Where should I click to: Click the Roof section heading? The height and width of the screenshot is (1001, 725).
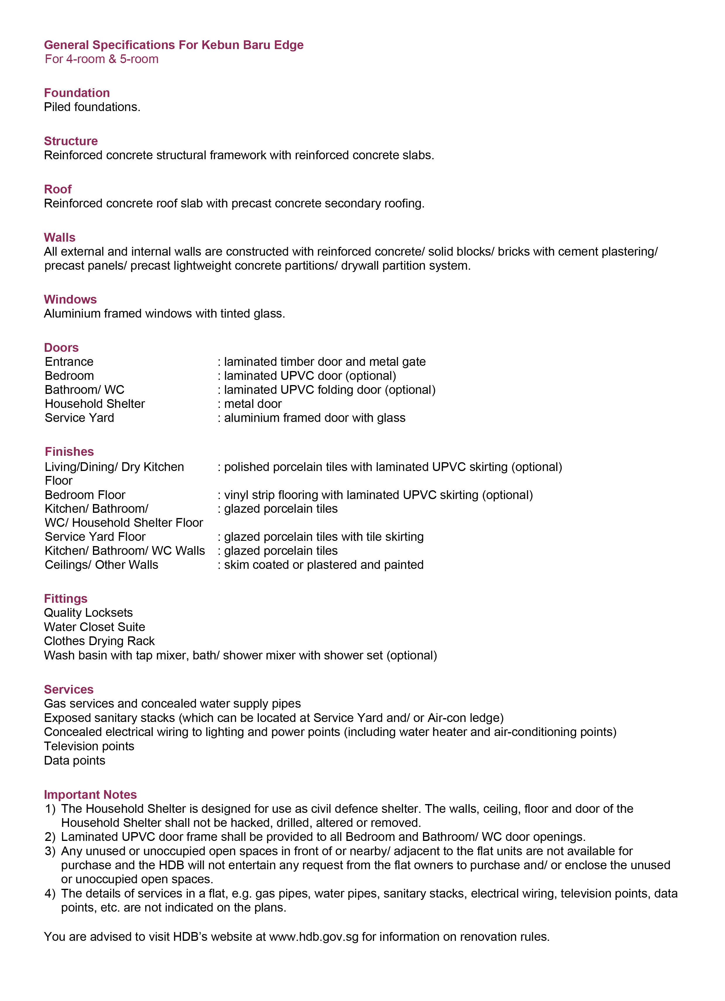[x=58, y=189]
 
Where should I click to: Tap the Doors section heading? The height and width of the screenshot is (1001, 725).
[x=61, y=347]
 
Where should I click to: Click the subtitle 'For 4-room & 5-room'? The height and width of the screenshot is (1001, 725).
[x=101, y=59]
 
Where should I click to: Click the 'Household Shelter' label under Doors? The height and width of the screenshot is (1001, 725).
[x=95, y=404]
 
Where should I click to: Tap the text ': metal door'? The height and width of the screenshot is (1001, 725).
[x=250, y=404]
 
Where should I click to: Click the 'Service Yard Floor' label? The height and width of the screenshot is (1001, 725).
[x=95, y=537]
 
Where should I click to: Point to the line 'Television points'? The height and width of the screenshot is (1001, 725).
[x=89, y=746]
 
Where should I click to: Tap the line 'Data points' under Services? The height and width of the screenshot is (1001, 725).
[x=75, y=761]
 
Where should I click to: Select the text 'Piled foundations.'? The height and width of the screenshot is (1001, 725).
[x=92, y=107]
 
